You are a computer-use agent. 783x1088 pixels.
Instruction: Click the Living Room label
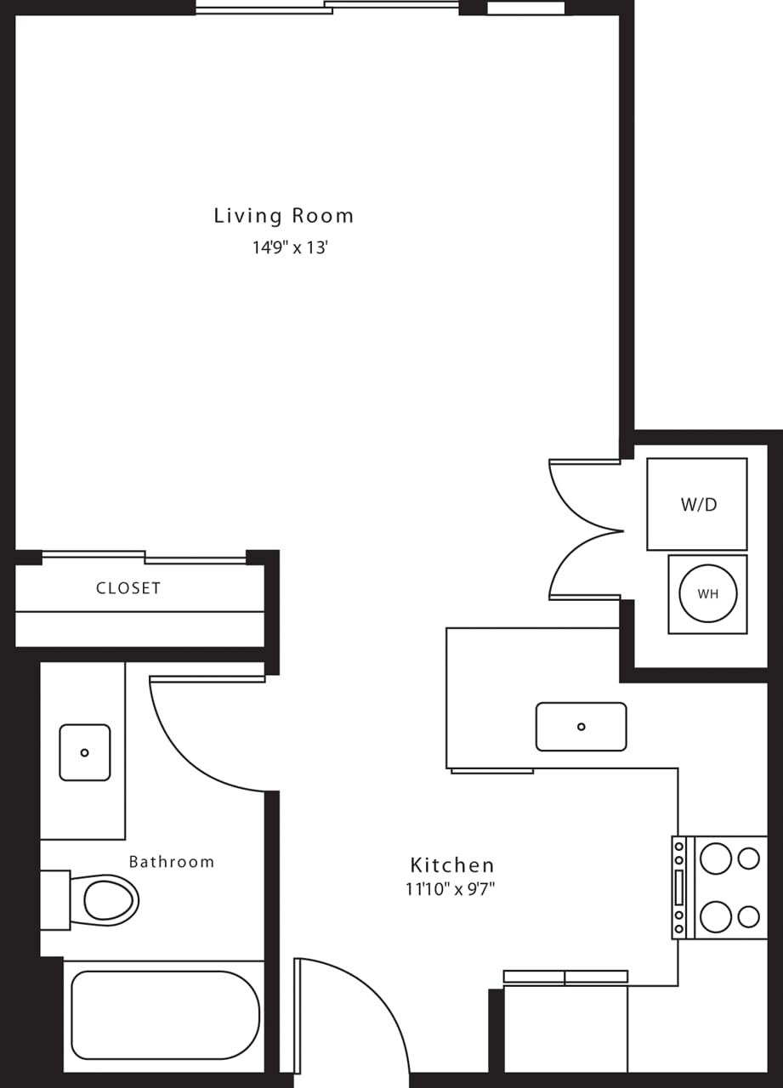tap(283, 216)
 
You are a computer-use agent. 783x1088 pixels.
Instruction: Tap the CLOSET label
tap(128, 588)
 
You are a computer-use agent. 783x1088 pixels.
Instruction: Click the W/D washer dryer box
tap(697, 504)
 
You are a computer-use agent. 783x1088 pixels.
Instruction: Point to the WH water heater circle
tap(707, 594)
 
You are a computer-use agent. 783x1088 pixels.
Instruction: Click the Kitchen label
tap(451, 865)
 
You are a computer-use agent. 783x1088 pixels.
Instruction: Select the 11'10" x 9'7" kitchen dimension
tap(451, 890)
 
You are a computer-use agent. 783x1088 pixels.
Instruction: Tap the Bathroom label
tap(171, 862)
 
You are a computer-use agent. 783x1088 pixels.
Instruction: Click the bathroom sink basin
tap(84, 752)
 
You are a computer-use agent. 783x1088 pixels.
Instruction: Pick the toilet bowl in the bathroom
tap(109, 900)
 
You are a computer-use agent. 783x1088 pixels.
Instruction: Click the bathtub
tap(165, 1015)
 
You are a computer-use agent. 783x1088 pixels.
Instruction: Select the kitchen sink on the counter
tap(581, 727)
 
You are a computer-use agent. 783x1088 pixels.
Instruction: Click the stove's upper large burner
tap(715, 858)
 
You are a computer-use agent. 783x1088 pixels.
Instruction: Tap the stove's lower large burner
tap(715, 916)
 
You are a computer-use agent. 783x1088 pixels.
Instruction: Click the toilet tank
tap(54, 900)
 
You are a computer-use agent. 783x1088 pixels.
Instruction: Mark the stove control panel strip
tap(679, 887)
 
